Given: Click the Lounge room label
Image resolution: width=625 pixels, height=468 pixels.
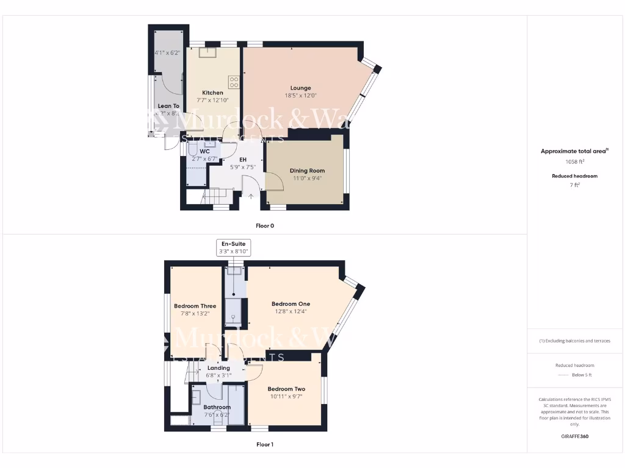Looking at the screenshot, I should [300, 88].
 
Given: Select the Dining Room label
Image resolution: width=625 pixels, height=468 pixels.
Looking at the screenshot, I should [308, 171].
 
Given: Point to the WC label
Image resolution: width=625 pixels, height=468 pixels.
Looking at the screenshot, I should [204, 151].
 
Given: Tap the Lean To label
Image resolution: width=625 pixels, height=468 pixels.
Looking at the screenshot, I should [168, 106].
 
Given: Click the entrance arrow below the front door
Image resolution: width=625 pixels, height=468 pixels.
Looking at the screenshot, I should [251, 196].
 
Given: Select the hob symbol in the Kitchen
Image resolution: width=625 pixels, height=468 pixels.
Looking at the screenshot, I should [234, 81].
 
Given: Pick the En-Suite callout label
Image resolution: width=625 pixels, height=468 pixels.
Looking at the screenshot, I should [233, 244].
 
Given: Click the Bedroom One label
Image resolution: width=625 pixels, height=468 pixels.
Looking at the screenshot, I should [291, 304].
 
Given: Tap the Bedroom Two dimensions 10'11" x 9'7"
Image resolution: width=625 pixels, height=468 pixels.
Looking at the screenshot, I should [286, 396].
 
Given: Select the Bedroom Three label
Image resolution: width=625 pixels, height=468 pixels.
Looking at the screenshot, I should [195, 307].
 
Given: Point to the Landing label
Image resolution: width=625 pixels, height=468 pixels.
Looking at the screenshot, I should [219, 368].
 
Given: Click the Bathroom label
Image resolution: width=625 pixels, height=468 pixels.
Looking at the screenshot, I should [217, 407].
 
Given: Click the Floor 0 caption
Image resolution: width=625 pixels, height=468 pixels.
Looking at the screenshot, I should [264, 226].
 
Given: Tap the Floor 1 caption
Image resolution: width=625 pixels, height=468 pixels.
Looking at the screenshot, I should [264, 445].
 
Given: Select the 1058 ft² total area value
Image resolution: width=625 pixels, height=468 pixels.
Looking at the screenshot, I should [574, 162].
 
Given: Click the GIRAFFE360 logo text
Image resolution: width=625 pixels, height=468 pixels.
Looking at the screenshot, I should [574, 436].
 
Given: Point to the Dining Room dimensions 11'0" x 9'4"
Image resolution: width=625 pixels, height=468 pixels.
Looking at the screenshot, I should [308, 179].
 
